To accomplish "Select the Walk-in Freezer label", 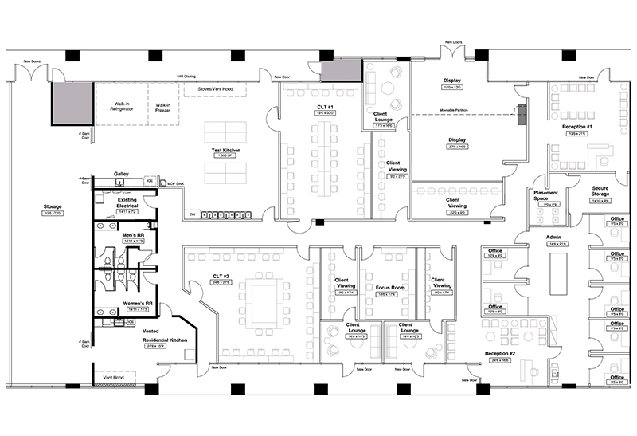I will pyautogui.click(x=163, y=108).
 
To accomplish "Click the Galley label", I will pyautogui.click(x=121, y=173).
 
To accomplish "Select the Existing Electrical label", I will pyautogui.click(x=127, y=202).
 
